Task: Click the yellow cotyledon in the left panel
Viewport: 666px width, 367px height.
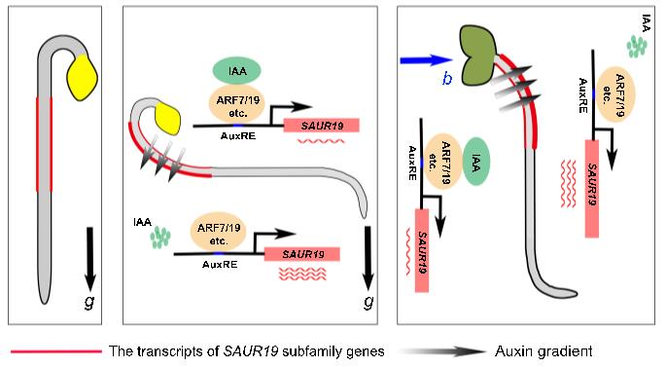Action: pos(83,78)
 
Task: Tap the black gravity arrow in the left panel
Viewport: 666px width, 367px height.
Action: pos(89,259)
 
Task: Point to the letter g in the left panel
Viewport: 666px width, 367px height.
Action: pos(89,303)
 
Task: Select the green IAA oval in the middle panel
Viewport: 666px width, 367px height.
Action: pos(236,71)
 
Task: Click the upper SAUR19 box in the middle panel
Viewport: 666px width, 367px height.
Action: pos(322,126)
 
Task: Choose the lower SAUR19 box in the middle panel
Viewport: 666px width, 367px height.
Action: pos(302,254)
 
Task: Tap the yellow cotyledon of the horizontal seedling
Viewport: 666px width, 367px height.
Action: pos(168,118)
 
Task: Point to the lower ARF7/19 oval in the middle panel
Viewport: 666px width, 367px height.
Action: pos(219,234)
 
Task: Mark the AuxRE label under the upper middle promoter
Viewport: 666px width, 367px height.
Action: pos(238,136)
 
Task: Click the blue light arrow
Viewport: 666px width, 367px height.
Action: pos(426,60)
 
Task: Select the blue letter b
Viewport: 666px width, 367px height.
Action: pos(447,78)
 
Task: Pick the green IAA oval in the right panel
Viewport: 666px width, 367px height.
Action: pos(475,162)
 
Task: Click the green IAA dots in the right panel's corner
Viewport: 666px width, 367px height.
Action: pos(637,46)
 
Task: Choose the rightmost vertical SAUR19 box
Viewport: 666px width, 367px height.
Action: pos(592,189)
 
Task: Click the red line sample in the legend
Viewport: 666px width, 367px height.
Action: pos(56,351)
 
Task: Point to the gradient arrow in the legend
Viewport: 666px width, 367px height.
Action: pos(443,351)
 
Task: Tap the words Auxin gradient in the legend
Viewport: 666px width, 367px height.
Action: pos(543,351)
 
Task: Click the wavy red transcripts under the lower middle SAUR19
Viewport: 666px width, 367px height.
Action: pos(302,274)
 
